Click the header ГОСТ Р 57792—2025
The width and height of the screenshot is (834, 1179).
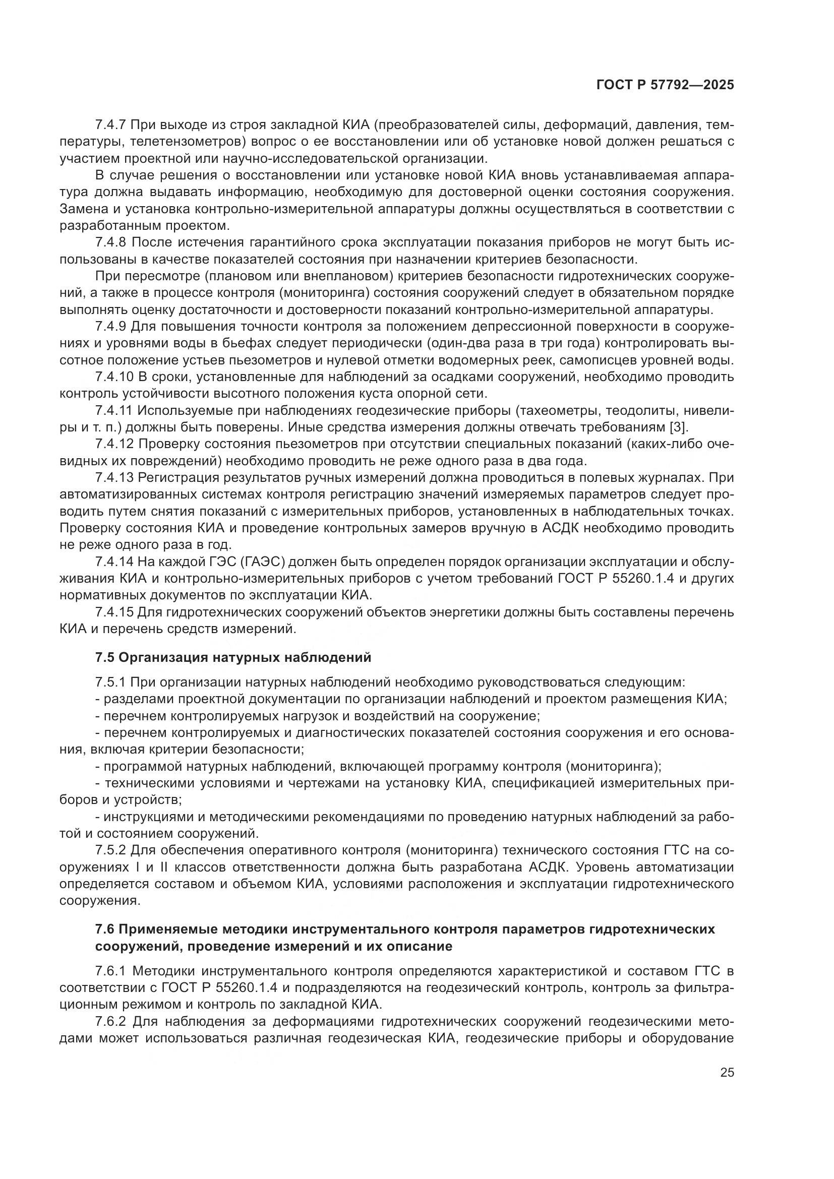point(665,85)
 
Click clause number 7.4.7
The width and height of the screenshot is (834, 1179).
point(110,125)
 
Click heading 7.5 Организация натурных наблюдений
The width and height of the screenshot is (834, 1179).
point(233,658)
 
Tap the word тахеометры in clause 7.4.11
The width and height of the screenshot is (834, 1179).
point(557,411)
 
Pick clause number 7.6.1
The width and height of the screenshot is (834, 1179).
point(110,971)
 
